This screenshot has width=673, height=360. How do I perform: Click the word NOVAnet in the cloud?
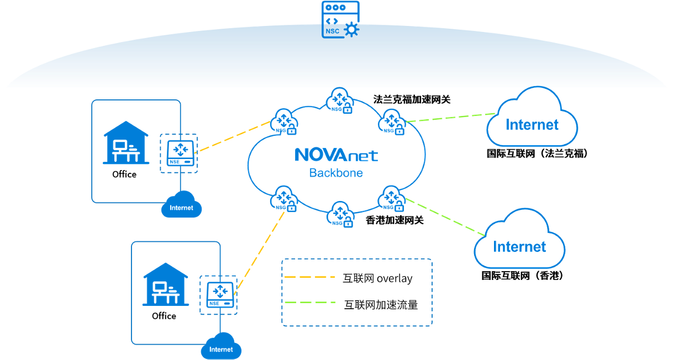point(336,155)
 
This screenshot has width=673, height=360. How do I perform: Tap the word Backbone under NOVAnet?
point(336,173)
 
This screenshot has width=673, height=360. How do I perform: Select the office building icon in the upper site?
point(126,143)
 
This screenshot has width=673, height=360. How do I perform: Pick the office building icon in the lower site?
point(166,284)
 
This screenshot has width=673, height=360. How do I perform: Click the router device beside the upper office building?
point(179,153)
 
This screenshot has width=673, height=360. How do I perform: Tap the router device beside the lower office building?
point(218,295)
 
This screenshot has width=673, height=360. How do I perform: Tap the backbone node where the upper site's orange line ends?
point(284,122)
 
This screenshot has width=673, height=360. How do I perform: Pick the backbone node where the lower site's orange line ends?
point(284,199)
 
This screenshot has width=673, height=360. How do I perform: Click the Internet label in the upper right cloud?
point(532,125)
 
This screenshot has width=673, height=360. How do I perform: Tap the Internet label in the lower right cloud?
point(519,246)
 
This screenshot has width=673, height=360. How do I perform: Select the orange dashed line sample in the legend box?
point(309,277)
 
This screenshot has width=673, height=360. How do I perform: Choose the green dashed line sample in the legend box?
point(309,303)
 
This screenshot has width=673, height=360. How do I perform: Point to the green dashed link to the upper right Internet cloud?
point(450,118)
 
